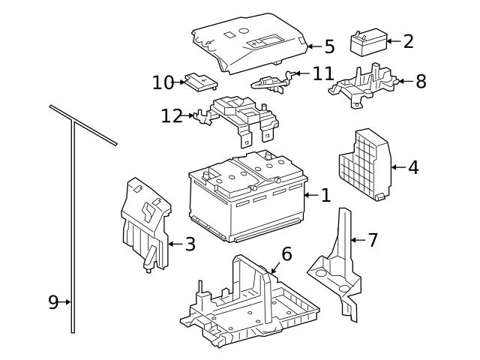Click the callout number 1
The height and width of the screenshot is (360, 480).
[325, 196]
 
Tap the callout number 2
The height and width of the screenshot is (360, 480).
[408, 41]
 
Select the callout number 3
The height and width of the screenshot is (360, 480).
[190, 243]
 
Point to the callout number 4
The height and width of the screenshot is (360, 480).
[412, 167]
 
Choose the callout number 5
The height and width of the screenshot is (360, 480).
[329, 47]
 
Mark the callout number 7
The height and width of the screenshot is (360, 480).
[373, 241]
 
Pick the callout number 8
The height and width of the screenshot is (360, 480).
[421, 81]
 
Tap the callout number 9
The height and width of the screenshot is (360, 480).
[53, 302]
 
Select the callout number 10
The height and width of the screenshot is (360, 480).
[163, 82]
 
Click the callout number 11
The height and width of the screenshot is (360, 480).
[322, 73]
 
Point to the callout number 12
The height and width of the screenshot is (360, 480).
[172, 116]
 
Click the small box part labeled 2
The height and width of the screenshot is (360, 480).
[368, 43]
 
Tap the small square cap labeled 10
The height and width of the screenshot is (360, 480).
[199, 80]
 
